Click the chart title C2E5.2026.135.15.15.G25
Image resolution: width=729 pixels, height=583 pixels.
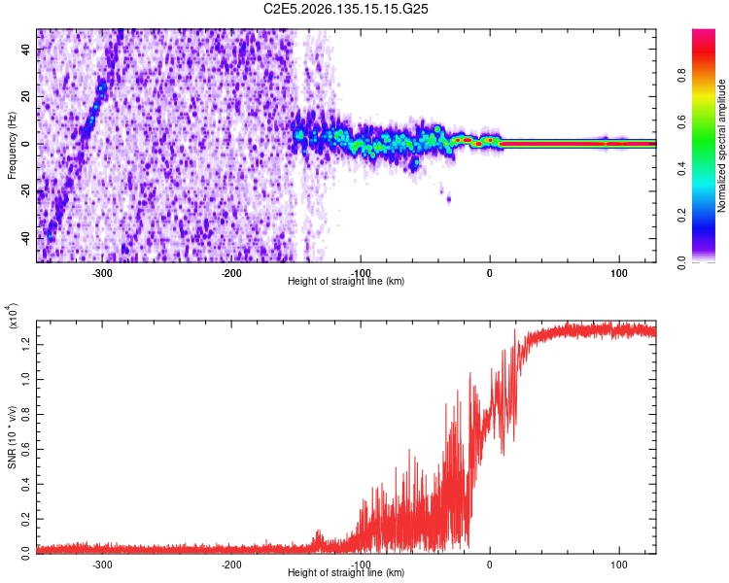pos(345,9)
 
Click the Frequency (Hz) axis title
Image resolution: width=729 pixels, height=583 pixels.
pos(12,146)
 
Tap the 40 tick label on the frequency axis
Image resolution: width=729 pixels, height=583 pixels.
pos(26,49)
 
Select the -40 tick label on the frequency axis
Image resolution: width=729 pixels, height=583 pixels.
pos(26,240)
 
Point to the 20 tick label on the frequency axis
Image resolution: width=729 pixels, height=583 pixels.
pos(26,96)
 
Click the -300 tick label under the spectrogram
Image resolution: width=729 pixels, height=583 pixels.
pos(102,273)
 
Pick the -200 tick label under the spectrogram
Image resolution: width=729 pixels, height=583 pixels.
pos(231,273)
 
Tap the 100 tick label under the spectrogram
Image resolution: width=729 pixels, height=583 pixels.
pos(619,273)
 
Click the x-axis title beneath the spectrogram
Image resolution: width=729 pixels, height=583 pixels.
pos(346,281)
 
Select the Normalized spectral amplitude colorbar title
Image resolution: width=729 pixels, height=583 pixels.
pos(721,146)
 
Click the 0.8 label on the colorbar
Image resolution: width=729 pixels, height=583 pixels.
pos(681,75)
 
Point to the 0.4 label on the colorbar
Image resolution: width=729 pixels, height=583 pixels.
pos(681,169)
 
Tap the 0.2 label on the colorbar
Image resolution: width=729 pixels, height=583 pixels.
pos(681,216)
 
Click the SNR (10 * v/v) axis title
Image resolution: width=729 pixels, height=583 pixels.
pos(12,437)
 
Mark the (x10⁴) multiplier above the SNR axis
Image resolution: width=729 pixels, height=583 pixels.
pos(13,316)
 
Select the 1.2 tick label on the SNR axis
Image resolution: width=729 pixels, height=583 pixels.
pos(26,345)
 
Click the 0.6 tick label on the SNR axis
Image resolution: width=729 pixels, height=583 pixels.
pos(26,449)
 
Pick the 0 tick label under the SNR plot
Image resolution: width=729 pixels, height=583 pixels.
pos(490,565)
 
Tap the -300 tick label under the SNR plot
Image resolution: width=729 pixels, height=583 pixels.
pos(102,565)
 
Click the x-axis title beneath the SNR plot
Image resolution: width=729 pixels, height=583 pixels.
pos(346,572)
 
